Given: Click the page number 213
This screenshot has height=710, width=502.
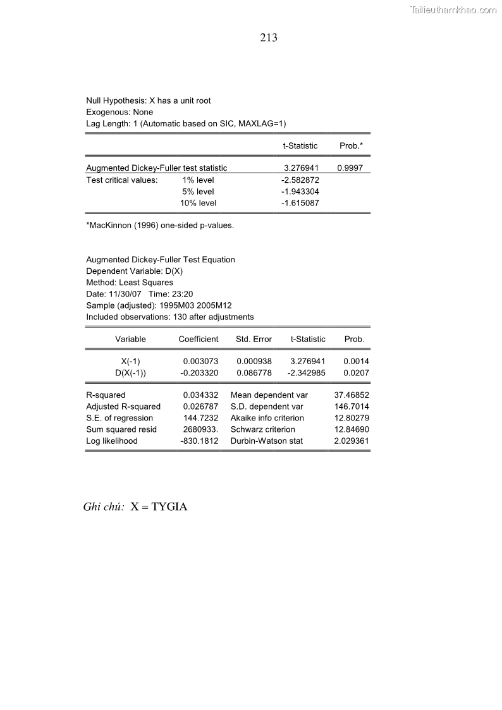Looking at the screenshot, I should tap(269, 38).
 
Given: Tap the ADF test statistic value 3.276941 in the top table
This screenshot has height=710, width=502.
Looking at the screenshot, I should tap(300, 168).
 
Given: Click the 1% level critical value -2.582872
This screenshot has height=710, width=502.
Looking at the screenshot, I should tap(300, 180).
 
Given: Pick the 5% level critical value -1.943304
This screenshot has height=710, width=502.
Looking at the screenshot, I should tap(300, 192).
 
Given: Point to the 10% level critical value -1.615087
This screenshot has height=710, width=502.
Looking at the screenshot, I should tap(300, 203).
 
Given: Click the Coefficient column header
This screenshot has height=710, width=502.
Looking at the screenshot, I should tap(199, 340).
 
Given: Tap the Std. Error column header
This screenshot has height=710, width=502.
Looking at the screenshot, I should tap(254, 340).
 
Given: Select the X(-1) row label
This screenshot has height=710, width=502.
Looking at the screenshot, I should tap(130, 362).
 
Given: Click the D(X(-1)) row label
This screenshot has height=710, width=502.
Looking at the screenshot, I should tap(130, 373).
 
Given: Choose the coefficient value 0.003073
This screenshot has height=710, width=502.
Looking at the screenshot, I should tap(200, 362).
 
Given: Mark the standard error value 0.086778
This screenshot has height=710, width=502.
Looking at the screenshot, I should tap(254, 373).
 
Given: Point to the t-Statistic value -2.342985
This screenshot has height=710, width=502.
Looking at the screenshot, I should tap(306, 373).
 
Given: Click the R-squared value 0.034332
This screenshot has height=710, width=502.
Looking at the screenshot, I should tap(200, 395).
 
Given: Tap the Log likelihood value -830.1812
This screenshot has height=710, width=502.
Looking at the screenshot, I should tap(199, 441).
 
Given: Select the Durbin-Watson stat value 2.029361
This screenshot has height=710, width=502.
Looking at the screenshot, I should tap(352, 441).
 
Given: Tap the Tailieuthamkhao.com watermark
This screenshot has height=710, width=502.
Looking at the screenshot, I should tap(453, 9).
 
